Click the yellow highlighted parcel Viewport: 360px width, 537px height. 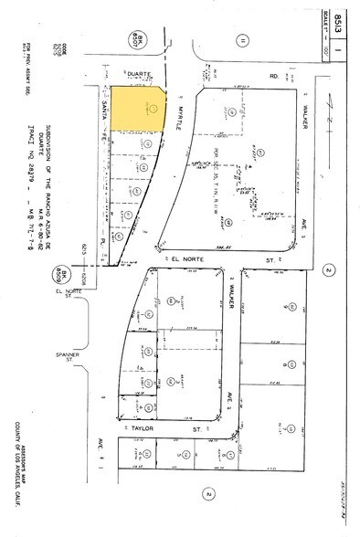pos(137,111)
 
